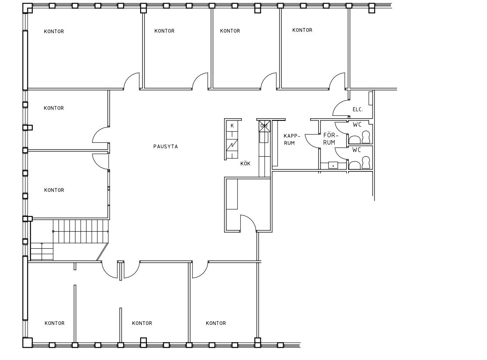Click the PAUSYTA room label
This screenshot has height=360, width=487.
[x=166, y=147]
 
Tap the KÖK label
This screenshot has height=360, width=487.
[x=245, y=164]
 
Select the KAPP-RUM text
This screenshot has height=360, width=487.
[x=292, y=139]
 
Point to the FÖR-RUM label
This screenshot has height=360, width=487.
[x=329, y=139]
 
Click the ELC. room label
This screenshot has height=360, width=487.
[x=358, y=110]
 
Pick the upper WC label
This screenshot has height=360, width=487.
[x=357, y=125]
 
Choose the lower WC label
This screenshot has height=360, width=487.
[x=356, y=150]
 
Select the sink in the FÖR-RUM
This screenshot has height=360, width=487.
[x=333, y=165]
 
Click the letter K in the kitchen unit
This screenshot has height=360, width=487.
[x=232, y=126]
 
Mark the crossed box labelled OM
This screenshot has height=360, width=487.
[x=264, y=126]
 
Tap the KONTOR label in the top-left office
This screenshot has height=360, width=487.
[x=54, y=31]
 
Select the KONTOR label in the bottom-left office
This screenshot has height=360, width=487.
[x=54, y=323]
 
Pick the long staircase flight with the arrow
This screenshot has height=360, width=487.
[x=81, y=231]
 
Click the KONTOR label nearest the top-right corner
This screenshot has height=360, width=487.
[x=302, y=30]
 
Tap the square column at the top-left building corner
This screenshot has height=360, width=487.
[x=28, y=8]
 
